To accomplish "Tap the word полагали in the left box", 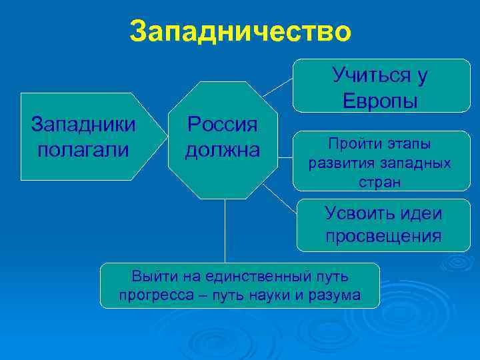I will click(x=83, y=149).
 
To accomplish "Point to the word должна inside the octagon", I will click(x=223, y=150).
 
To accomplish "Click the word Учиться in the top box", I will click(x=368, y=76).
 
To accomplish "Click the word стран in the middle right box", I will click(x=379, y=181).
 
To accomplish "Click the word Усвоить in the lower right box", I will click(x=359, y=213).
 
